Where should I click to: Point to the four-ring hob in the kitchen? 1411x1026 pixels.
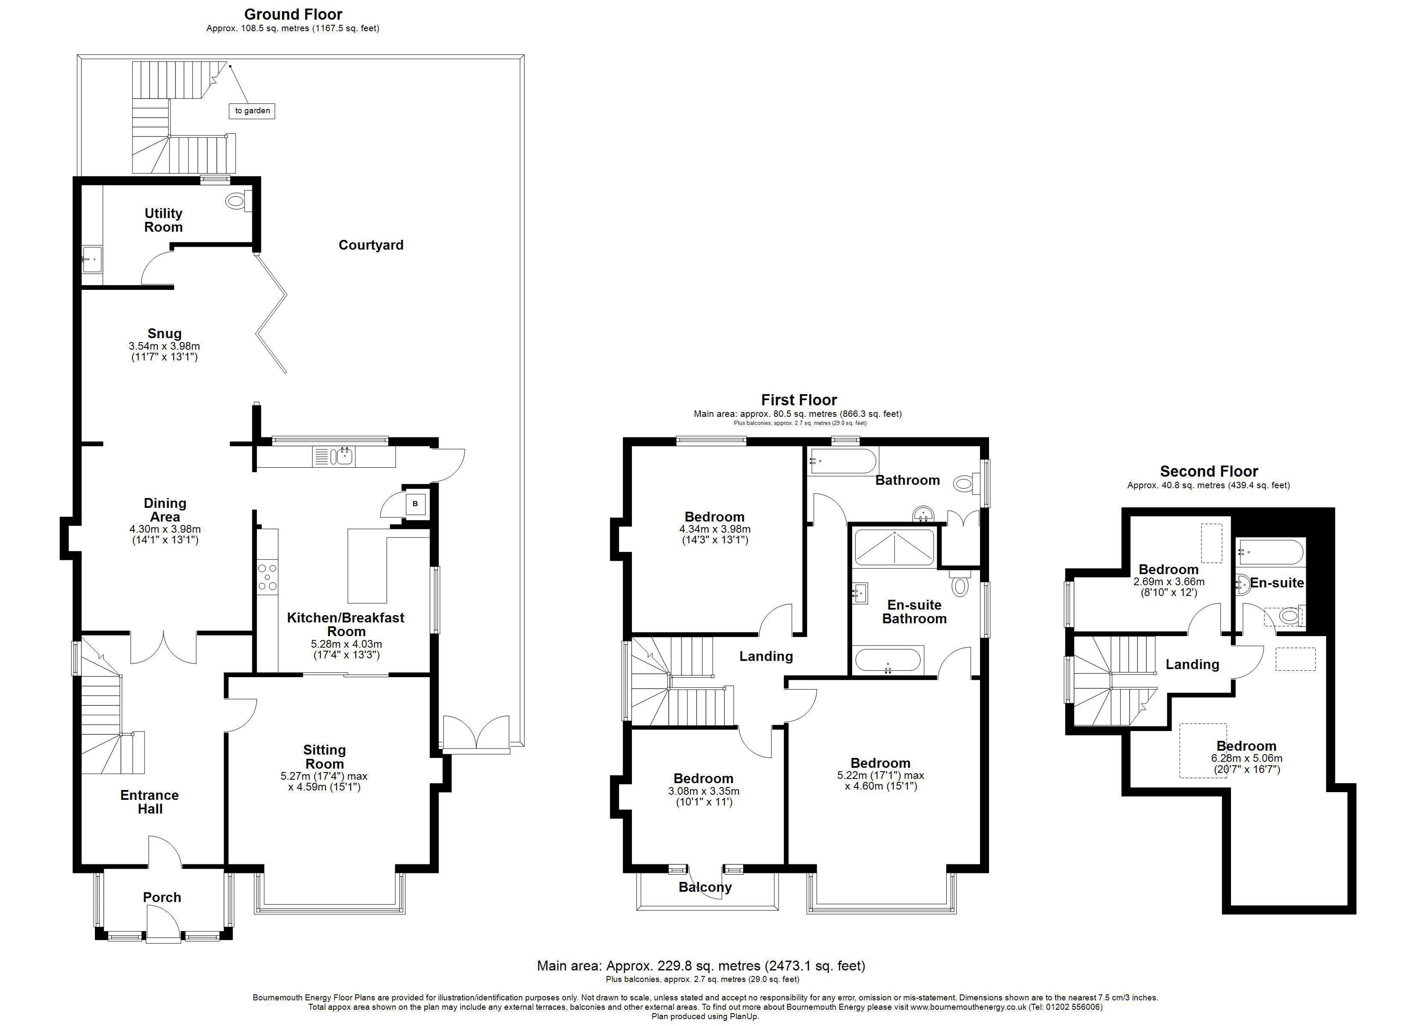(x=268, y=577)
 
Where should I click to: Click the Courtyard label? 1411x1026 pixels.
(x=371, y=245)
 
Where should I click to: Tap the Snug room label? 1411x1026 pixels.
(x=164, y=333)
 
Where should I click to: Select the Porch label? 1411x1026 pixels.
(x=162, y=897)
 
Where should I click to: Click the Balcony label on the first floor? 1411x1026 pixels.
(x=705, y=887)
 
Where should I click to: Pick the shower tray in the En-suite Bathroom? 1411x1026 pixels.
(x=894, y=548)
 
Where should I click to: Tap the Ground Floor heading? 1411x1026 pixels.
(x=293, y=14)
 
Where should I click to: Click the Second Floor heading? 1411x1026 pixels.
(x=1209, y=471)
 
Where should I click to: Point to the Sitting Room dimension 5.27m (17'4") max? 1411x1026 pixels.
(x=324, y=776)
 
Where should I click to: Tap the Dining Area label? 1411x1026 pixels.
(x=165, y=510)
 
